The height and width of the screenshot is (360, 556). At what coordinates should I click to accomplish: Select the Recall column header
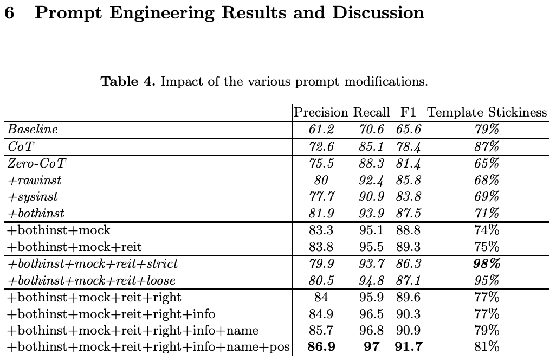(x=371, y=113)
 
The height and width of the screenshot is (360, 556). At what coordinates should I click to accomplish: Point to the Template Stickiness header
(x=487, y=113)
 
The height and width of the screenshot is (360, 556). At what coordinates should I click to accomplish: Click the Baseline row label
(x=33, y=130)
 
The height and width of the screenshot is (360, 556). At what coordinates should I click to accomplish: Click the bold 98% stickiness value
(x=486, y=264)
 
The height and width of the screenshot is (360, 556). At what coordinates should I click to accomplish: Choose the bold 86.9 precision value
(x=321, y=348)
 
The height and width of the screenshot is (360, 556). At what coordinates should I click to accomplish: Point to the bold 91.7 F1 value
(x=410, y=348)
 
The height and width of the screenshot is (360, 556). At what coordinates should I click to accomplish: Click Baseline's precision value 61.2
(x=321, y=130)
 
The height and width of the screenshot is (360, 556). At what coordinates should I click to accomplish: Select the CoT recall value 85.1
(x=371, y=146)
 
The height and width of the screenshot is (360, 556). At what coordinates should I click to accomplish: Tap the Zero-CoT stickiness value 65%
(x=486, y=163)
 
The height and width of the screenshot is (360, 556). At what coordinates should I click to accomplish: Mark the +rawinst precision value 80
(x=321, y=180)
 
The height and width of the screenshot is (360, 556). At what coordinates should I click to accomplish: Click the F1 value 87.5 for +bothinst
(x=410, y=214)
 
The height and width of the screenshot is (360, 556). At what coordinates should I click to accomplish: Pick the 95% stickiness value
(x=486, y=281)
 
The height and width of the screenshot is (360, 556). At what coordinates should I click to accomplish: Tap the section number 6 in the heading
(x=9, y=13)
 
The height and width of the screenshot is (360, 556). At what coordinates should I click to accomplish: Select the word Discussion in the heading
(x=377, y=13)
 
